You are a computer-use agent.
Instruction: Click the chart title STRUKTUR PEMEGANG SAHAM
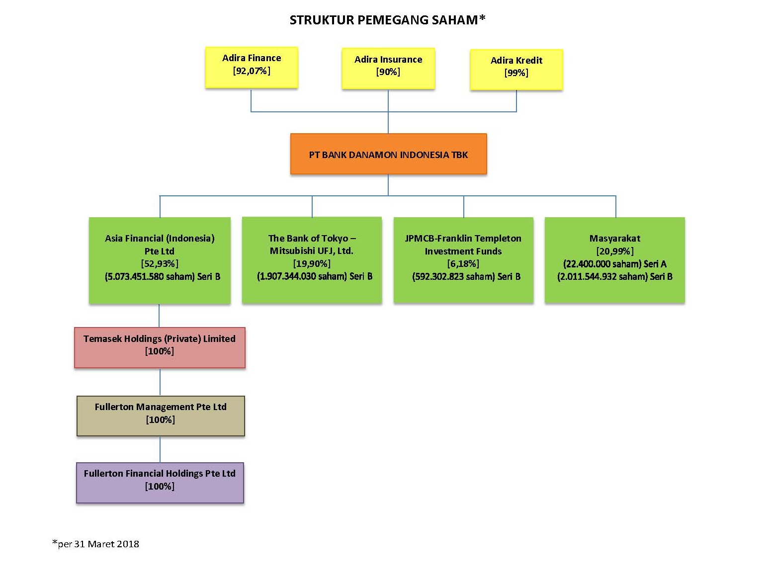387,20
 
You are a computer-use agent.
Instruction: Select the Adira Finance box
252,67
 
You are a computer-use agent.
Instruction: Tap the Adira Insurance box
388,68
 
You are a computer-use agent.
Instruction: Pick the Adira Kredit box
516,70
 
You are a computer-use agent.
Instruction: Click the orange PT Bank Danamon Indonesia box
388,154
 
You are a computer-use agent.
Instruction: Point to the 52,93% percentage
160,263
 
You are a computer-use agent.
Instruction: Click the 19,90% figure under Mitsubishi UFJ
312,263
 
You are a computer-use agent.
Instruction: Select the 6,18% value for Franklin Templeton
463,263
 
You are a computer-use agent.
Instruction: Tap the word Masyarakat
614,238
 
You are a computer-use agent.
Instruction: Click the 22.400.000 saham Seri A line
614,264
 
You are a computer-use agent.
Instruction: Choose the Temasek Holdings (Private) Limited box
160,347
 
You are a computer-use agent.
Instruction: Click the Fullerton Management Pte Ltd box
161,416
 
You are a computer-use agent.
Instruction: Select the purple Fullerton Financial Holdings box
160,483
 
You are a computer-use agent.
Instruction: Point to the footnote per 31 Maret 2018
95,544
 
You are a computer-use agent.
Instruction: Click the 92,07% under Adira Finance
252,71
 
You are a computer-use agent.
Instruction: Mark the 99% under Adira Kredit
516,73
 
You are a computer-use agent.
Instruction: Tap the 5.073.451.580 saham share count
150,276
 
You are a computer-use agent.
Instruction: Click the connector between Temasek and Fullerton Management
160,382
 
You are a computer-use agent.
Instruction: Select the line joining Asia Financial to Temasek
159,316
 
